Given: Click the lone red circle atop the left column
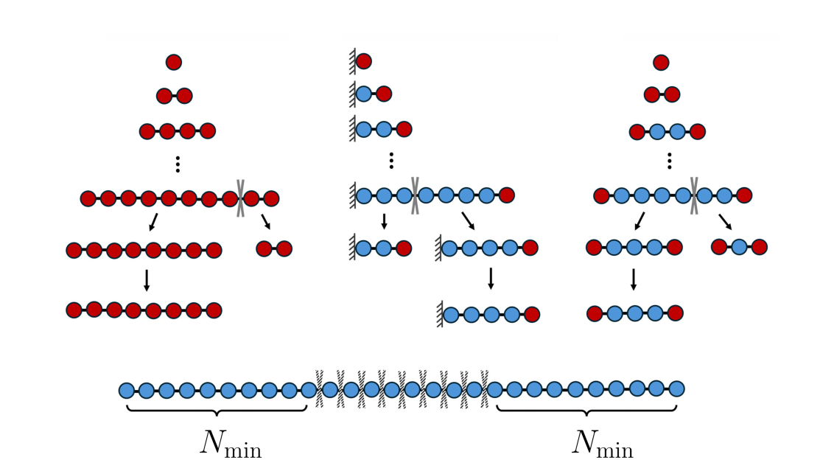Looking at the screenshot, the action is click(174, 62).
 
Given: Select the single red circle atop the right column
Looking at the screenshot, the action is click(661, 63).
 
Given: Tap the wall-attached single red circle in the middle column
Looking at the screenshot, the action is click(364, 61).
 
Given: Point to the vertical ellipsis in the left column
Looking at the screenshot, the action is click(178, 164).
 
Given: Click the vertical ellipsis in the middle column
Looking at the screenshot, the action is click(391, 161).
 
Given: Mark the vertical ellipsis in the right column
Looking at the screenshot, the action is click(670, 161).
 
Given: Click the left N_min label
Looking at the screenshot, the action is click(231, 443).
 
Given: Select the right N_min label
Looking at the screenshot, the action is click(603, 443).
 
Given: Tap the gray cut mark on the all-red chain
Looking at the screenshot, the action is click(240, 198).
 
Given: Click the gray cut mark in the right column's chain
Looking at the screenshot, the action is click(694, 196).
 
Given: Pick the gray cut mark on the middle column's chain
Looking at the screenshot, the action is click(415, 196).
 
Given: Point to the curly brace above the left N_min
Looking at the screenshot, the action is click(217, 411).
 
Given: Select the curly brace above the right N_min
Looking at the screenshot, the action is click(586, 411).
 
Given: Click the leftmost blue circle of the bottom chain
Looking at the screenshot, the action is click(127, 391).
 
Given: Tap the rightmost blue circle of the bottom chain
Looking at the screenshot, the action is click(676, 389).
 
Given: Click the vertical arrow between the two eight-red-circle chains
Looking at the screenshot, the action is click(147, 281).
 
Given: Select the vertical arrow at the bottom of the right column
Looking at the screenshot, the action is click(634, 279).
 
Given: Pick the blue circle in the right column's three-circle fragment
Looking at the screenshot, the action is click(739, 247).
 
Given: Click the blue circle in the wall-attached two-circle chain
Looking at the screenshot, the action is click(364, 94).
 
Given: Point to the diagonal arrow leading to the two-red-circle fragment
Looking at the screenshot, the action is click(266, 222).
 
